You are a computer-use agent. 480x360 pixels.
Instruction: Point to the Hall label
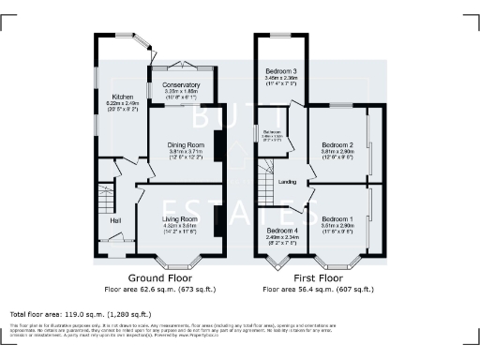click(x=115, y=220)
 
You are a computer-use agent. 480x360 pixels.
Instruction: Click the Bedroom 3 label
click(x=280, y=71)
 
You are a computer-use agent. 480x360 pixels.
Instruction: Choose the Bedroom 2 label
click(x=337, y=145)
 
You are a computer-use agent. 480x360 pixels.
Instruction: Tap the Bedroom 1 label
click(x=337, y=217)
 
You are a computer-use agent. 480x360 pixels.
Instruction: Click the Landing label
click(x=288, y=181)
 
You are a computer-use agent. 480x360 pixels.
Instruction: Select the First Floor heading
click(x=319, y=278)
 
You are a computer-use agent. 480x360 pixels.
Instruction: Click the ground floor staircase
click(x=104, y=197)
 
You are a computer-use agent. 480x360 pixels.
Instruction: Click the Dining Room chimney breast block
click(x=218, y=147)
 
